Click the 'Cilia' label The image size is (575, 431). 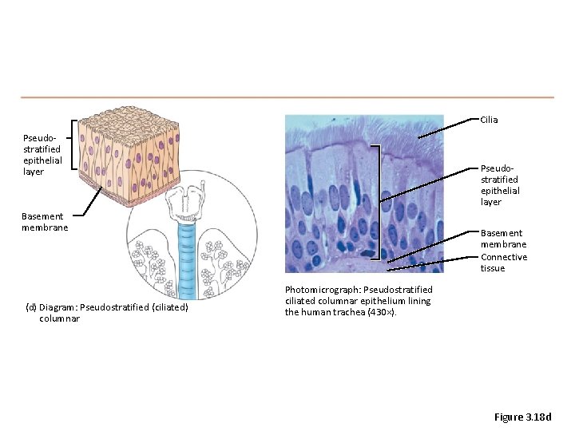489,120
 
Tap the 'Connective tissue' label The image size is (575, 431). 503,263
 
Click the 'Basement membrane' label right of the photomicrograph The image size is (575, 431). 503,239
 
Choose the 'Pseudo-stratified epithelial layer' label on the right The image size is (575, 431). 500,185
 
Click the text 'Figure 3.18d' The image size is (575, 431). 522,417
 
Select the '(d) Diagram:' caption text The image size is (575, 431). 57,307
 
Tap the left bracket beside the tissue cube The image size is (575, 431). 74,145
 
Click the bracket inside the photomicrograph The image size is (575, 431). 376,200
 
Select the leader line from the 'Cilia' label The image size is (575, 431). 447,128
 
